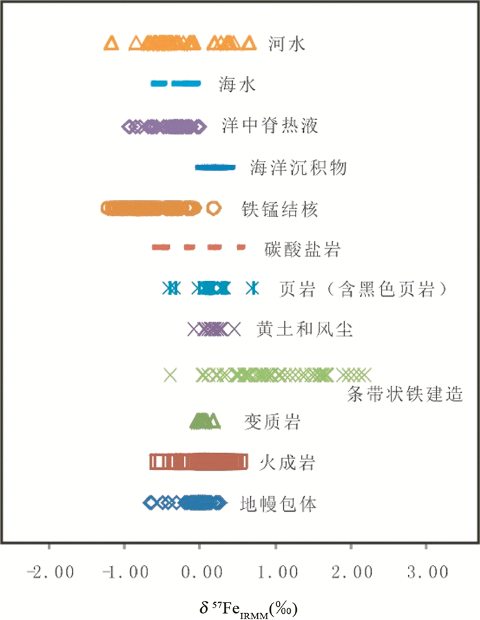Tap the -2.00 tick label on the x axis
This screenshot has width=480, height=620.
pos(49,571)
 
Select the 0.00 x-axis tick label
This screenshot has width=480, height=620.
pos(200,571)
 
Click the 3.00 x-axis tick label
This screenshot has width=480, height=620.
pos(426,571)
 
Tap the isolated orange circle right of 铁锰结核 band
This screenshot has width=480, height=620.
pos(214,208)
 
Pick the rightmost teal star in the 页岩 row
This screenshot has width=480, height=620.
pos(254,288)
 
